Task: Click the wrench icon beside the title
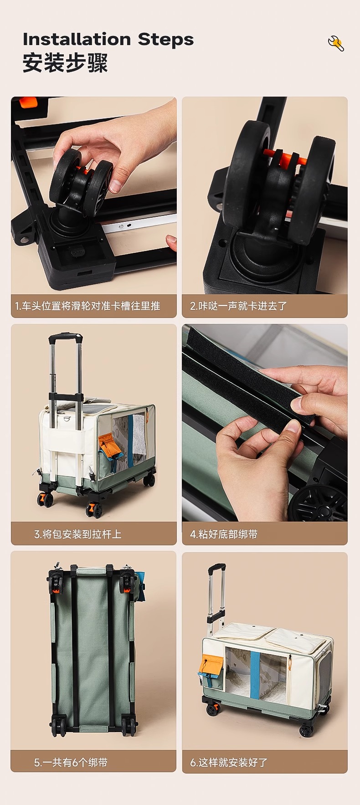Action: pos(336,43)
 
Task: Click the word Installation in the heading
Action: pos(77,39)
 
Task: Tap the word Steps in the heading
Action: pos(166,40)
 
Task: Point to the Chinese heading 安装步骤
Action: pos(65,63)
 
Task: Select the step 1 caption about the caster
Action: pos(87,306)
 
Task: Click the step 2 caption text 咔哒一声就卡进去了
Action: pos(238,306)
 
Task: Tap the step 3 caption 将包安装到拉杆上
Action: pos(78,534)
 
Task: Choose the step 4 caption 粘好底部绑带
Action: pos(223,534)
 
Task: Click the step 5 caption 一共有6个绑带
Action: pos(71,762)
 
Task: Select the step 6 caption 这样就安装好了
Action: pos(229,762)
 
